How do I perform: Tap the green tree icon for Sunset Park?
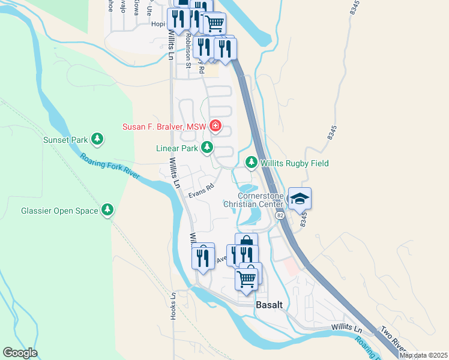point(97,140)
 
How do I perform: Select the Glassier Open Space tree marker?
point(107,210)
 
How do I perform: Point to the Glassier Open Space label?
point(59,210)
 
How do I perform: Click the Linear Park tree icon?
point(207,147)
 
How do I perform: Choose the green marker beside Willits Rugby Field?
point(252,163)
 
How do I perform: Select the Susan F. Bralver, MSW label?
point(164,127)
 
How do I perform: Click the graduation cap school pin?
point(300,199)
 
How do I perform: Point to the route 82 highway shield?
point(280,215)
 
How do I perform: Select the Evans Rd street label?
point(201,190)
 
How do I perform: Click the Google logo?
point(20,353)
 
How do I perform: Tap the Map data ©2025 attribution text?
point(423,355)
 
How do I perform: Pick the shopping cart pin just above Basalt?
point(247,277)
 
